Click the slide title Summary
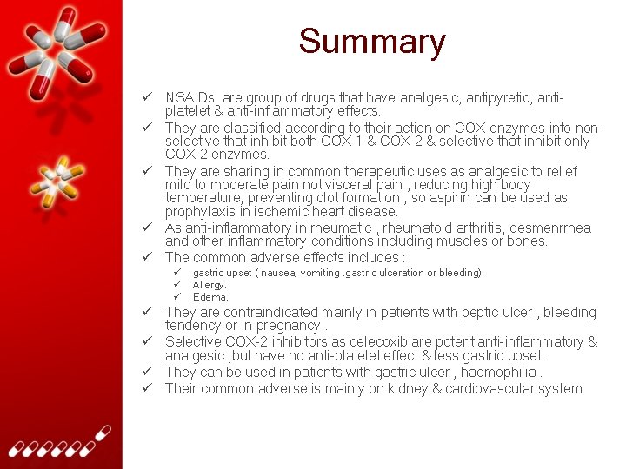(372, 42)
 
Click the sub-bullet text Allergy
(210, 285)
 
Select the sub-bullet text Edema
(210, 297)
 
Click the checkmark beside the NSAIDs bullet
(149, 98)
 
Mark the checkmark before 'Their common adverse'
(149, 388)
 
